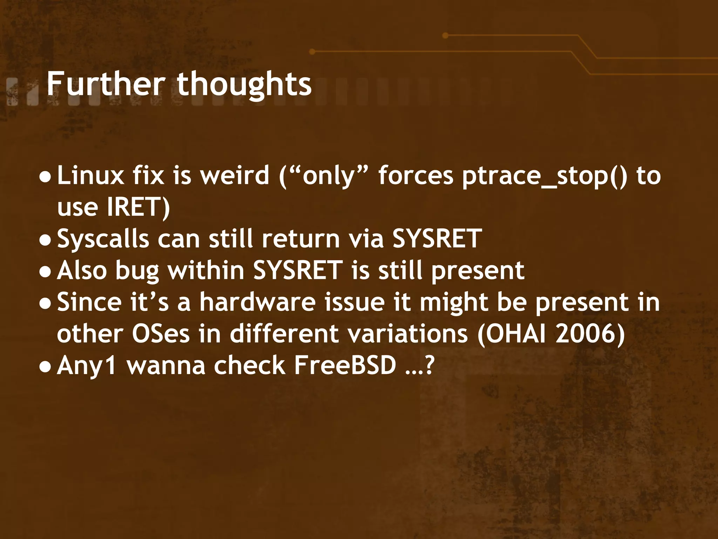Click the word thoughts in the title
point(244,84)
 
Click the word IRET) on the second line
point(138,207)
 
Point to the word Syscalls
point(103,239)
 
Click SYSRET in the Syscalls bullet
point(437,239)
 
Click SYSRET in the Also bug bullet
point(298,271)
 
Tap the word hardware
point(258,302)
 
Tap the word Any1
point(86,366)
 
